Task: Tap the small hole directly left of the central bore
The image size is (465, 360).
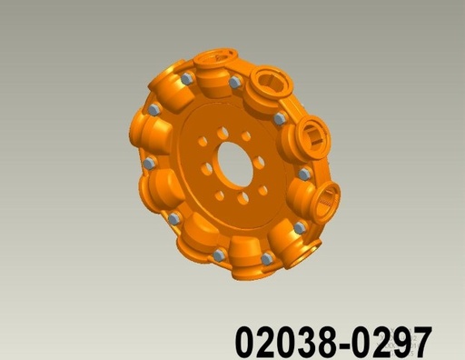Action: pyautogui.click(x=206, y=170)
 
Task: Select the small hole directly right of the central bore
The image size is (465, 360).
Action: pyautogui.click(x=259, y=163)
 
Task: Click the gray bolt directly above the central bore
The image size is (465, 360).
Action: pyautogui.click(x=235, y=83)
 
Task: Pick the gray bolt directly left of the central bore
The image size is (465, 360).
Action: pyautogui.click(x=150, y=164)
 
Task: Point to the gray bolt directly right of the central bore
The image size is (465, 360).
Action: pyautogui.click(x=304, y=173)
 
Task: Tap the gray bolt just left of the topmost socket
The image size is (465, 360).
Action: pyautogui.click(x=187, y=79)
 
